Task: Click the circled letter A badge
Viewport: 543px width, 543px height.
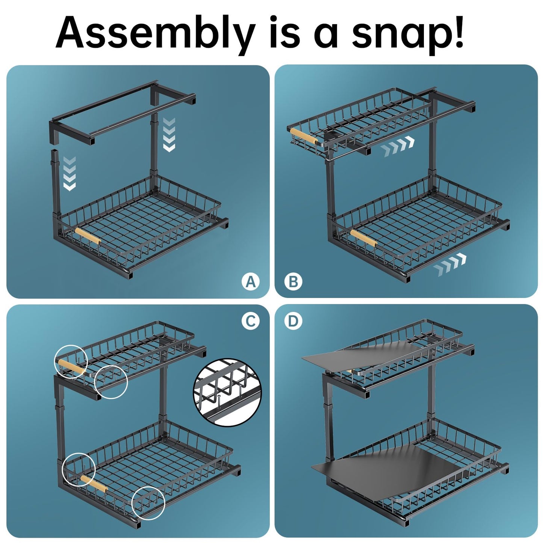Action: (251, 281)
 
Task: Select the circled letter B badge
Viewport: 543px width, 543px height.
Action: (293, 281)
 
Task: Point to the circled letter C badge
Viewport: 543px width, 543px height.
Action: (251, 321)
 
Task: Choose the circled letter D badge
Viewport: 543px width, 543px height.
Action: (293, 321)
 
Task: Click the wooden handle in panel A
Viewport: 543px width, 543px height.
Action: (88, 236)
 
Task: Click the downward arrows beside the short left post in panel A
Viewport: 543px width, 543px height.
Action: (69, 174)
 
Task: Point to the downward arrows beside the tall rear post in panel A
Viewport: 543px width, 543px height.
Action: (169, 135)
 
